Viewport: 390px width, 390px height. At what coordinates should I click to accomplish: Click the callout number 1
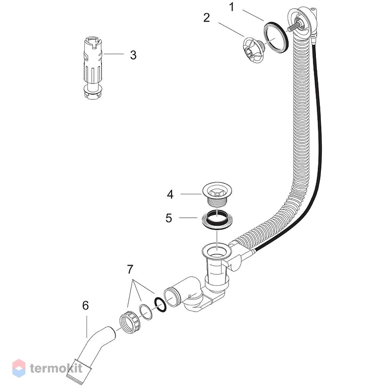tap(232, 7)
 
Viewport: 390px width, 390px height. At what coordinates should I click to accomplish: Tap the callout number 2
tap(206, 18)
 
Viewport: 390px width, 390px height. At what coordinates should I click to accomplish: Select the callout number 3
tap(133, 55)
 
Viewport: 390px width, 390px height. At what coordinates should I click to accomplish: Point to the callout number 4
tap(170, 195)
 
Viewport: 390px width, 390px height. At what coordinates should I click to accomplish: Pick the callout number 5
tap(169, 218)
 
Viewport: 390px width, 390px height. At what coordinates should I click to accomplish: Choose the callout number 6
tap(85, 306)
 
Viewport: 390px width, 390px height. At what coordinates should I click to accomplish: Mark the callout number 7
tap(130, 269)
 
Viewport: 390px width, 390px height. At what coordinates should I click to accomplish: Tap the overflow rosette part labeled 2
tap(253, 50)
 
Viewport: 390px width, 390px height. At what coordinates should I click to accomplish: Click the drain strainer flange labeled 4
tap(217, 194)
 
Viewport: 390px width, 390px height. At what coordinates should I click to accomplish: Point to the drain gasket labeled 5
tap(217, 219)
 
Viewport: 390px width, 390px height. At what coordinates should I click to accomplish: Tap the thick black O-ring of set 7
tap(160, 305)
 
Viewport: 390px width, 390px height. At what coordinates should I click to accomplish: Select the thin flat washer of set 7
tap(146, 312)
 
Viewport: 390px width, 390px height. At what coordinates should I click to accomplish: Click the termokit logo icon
tap(19, 368)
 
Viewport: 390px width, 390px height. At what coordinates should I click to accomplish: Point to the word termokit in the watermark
tap(56, 369)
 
